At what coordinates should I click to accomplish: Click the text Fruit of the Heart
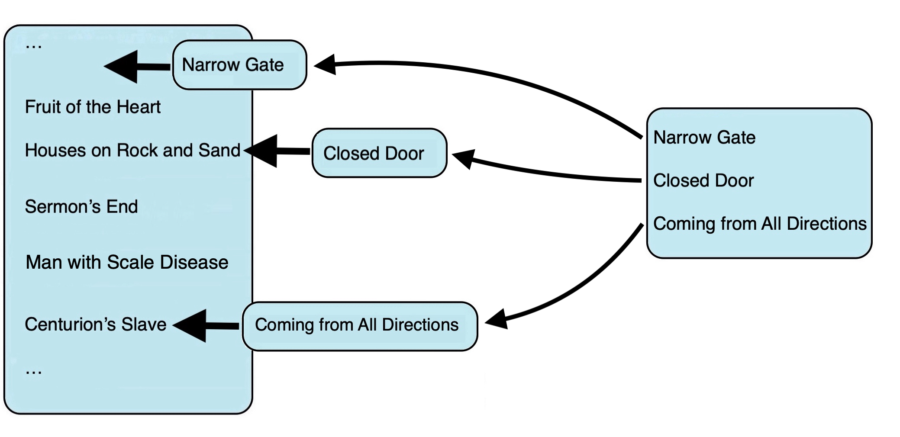[93, 107]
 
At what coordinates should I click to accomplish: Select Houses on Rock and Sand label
[132, 150]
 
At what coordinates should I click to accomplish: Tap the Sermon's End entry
[81, 206]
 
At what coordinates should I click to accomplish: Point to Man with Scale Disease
[127, 262]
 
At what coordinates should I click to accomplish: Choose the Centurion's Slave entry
[96, 324]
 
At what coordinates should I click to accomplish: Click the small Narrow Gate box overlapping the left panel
[239, 65]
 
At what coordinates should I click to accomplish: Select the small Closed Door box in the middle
[379, 153]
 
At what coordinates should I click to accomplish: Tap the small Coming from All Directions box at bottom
[360, 326]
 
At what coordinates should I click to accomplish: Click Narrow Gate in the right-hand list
[704, 138]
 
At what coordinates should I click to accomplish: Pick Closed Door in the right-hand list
[703, 180]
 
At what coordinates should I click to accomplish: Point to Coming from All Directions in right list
[760, 224]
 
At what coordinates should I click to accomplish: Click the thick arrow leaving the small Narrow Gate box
[137, 67]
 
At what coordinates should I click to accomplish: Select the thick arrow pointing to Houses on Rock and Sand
[277, 151]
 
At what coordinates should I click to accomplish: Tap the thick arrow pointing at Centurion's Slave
[206, 326]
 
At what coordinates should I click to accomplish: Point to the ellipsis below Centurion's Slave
[33, 372]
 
